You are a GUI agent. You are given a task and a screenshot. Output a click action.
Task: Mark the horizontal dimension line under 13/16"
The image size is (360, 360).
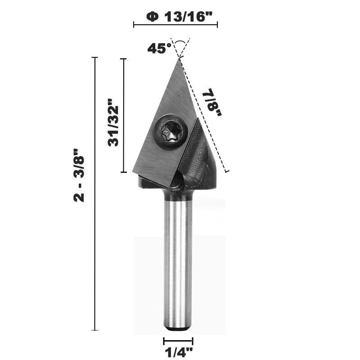[x=175, y=25]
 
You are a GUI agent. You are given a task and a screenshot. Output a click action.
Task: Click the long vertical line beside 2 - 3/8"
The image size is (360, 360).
[x=95, y=193]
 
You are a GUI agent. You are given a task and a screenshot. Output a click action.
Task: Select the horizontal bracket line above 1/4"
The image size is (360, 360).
[x=178, y=342]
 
